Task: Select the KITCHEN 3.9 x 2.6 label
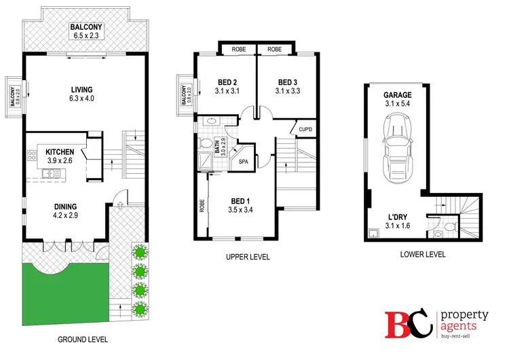pos(60,156)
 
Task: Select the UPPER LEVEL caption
pos(248,257)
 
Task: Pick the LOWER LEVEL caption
pos(422,255)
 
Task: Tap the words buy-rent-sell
pos(465,336)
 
